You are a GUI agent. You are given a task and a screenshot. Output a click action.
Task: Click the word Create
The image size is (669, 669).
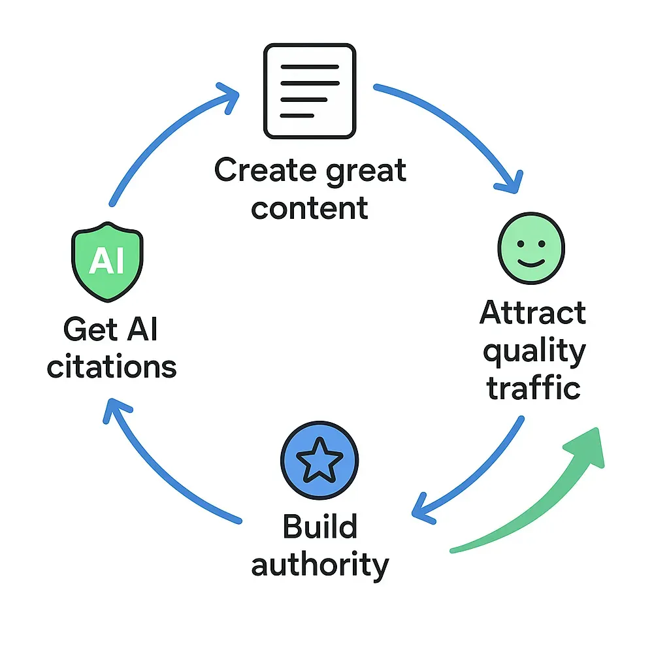(261, 171)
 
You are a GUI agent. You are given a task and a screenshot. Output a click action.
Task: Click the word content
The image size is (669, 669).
(310, 208)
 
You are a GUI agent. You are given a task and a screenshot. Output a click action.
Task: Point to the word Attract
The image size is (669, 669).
(532, 314)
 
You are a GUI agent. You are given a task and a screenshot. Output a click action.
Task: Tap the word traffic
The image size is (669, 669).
(533, 387)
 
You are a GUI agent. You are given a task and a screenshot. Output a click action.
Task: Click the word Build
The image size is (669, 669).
(319, 527)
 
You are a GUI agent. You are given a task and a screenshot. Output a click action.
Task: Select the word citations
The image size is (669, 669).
(112, 367)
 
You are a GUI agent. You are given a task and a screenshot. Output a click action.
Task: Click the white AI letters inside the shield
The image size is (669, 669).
(106, 261)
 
